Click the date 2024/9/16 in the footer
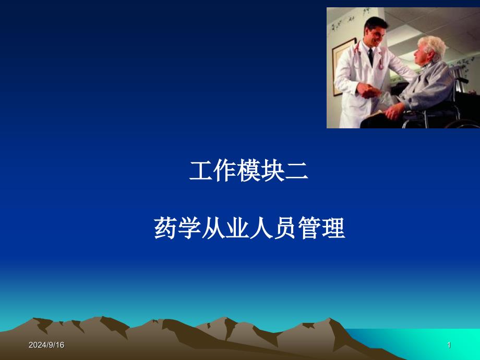pyautogui.click(x=46, y=345)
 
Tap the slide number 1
pyautogui.click(x=449, y=345)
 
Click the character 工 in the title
pyautogui.click(x=201, y=171)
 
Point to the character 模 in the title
pyautogui.click(x=248, y=171)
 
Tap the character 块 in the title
pyautogui.click(x=272, y=171)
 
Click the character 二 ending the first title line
pyautogui.click(x=296, y=171)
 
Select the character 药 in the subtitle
pyautogui.click(x=165, y=228)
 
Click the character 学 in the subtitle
pyautogui.click(x=189, y=228)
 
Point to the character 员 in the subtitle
pyautogui.click(x=285, y=228)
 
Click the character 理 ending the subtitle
pyautogui.click(x=333, y=228)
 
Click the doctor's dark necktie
pyautogui.click(x=371, y=57)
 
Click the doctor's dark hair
pyautogui.click(x=375, y=23)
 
